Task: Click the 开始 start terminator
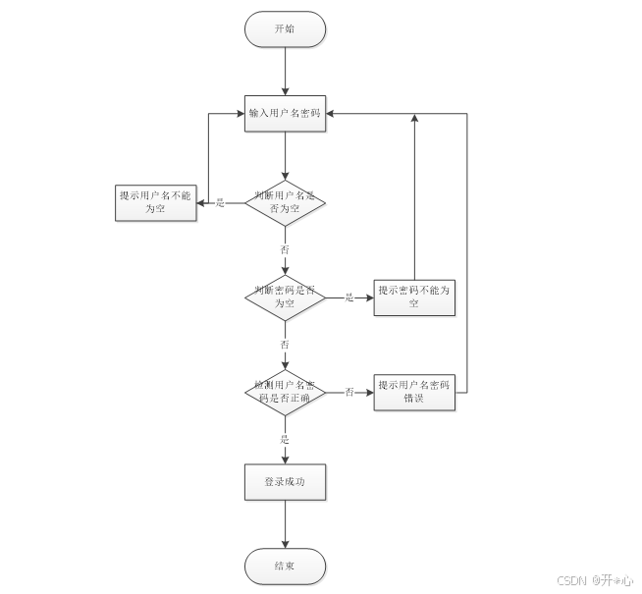pos(285,29)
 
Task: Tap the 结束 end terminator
pos(285,567)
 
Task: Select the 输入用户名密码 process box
pos(285,114)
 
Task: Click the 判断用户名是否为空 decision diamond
pos(285,202)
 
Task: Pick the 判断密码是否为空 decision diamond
pos(285,297)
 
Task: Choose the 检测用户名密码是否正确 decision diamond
pos(285,392)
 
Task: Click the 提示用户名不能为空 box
pos(155,202)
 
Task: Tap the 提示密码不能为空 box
pos(415,297)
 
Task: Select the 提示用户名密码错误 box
pos(415,392)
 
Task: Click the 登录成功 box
pos(285,482)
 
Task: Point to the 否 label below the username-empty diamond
pos(285,250)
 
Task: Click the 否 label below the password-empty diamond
pos(285,345)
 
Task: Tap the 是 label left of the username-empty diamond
pos(220,203)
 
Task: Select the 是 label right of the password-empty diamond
pos(349,297)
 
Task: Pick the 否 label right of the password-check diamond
pos(349,392)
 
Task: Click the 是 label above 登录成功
pos(285,439)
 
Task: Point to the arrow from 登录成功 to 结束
pos(285,524)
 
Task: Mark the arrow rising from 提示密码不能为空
pos(414,196)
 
